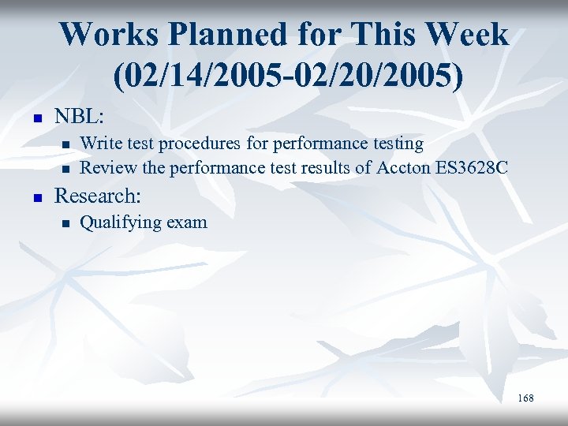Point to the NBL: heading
[78, 117]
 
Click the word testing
[396, 144]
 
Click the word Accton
[403, 167]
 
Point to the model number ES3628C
[475, 167]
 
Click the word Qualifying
[120, 222]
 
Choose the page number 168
[525, 398]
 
